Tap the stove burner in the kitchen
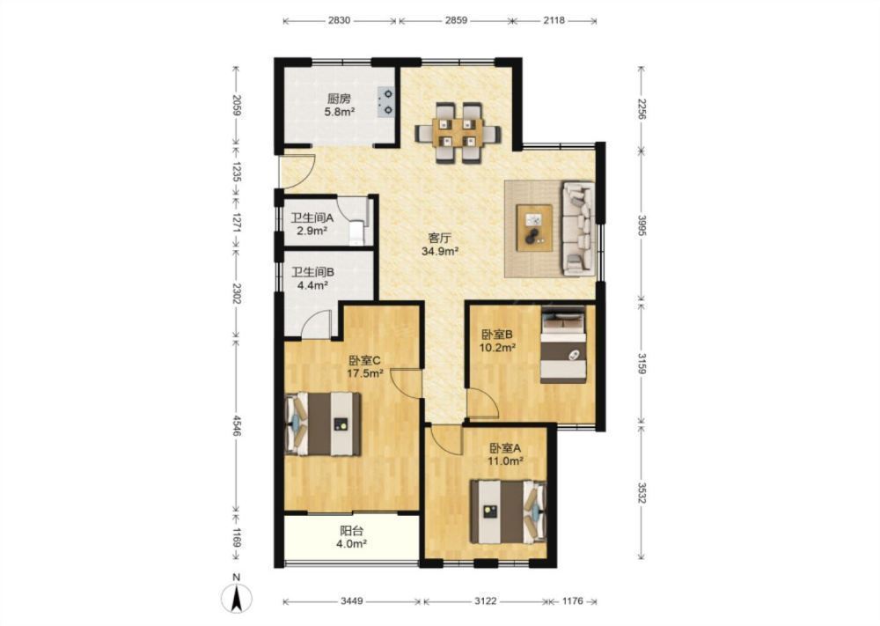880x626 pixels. [x=386, y=102]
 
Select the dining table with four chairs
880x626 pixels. [x=458, y=132]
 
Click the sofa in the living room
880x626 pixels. [x=579, y=228]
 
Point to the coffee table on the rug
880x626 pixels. [x=534, y=228]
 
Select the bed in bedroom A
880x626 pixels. [x=509, y=512]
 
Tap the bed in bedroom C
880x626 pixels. [x=323, y=423]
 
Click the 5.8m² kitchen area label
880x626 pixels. [x=339, y=112]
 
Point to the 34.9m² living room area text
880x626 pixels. [x=441, y=252]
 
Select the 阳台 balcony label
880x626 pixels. [x=351, y=531]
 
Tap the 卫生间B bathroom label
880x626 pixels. [x=312, y=272]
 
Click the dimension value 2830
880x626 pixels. [x=339, y=20]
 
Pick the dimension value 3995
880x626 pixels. [x=642, y=225]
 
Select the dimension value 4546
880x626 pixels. [x=237, y=425]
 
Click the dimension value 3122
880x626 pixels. [x=486, y=601]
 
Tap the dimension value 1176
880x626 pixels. [x=573, y=601]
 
